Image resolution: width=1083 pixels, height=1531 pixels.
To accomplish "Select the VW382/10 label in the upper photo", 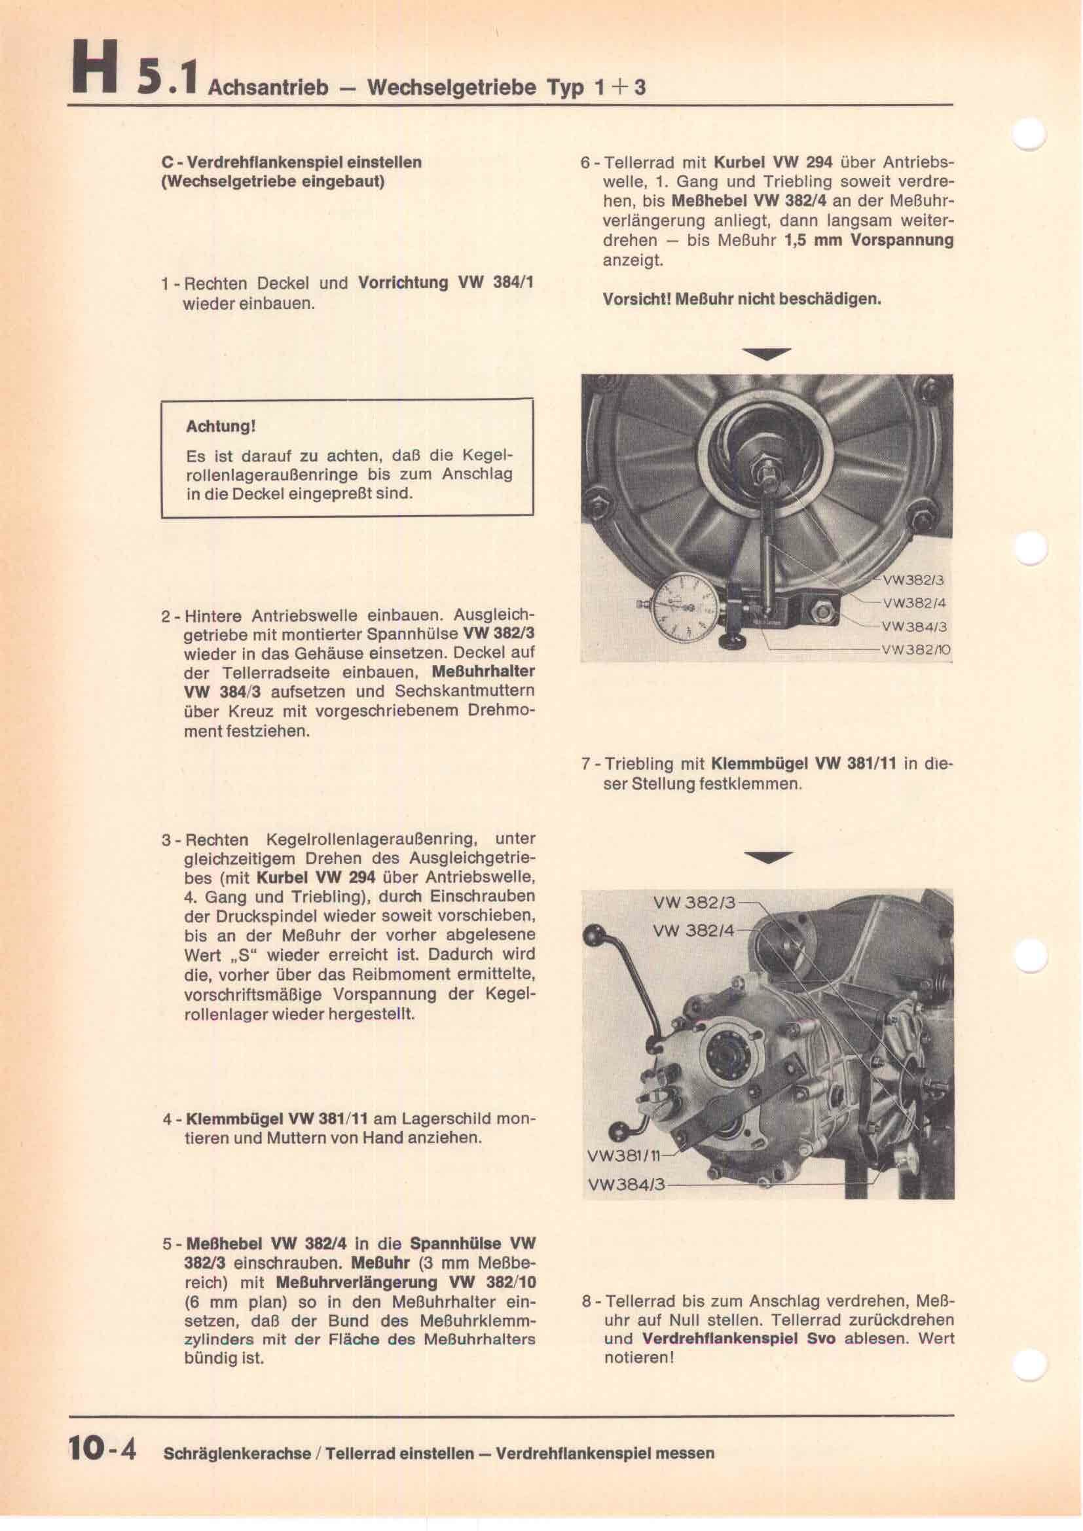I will [x=915, y=650].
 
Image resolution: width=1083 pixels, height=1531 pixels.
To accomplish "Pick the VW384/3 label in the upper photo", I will [x=913, y=627].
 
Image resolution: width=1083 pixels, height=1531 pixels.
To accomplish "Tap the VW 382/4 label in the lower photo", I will [x=693, y=929].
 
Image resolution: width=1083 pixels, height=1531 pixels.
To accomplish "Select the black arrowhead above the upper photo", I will [x=769, y=354].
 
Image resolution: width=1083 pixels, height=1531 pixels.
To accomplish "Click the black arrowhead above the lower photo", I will [x=769, y=857].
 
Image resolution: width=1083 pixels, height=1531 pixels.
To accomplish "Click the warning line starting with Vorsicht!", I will [x=742, y=299].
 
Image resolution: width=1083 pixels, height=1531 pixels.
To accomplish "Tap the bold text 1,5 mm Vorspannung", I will [x=869, y=240].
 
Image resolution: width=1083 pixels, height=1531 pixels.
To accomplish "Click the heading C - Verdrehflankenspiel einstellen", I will [x=291, y=162].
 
